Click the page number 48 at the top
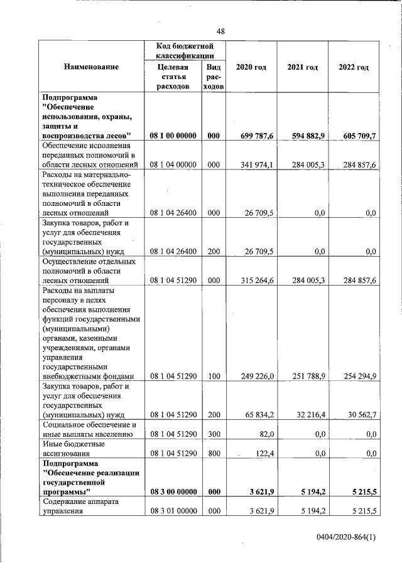pos(220,32)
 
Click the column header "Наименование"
pos(90,67)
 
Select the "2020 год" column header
pos(251,67)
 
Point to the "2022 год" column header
pos(353,67)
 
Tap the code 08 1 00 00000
pos(173,136)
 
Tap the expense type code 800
pos(214,453)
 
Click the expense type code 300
pos(214,434)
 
